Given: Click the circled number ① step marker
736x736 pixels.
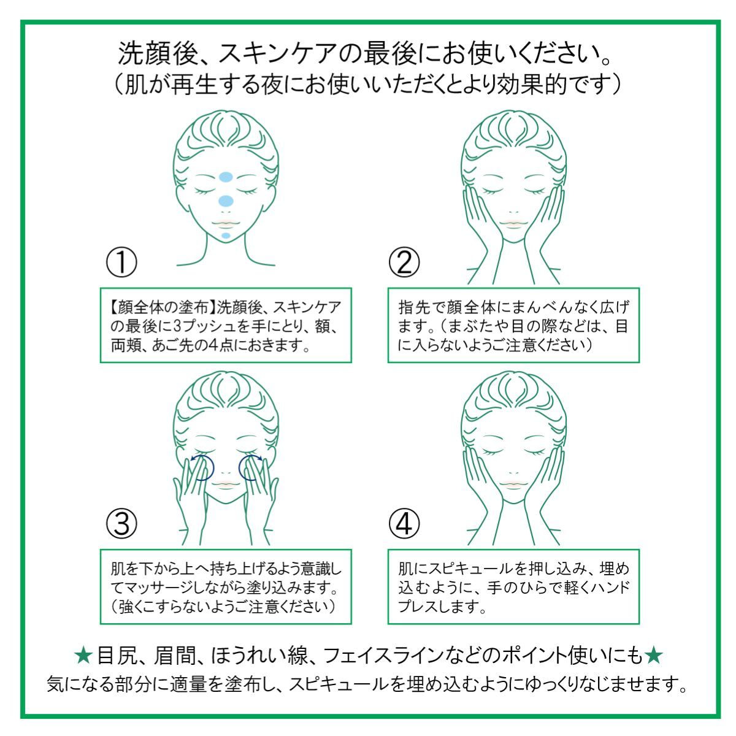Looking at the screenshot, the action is coord(121,262).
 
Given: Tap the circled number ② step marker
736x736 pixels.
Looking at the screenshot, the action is coord(404,262).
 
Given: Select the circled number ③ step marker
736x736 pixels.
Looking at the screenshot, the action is coord(121,524).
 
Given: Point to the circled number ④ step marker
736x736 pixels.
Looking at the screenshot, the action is coord(404,524).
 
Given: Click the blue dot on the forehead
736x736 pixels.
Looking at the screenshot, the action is coord(226,177).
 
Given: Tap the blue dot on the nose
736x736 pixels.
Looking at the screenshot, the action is coord(226,201).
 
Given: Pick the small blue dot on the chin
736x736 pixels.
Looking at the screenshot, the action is coord(226,236).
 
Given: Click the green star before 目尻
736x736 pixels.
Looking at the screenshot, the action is coord(83,656).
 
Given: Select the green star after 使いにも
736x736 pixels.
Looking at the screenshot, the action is coord(653,656).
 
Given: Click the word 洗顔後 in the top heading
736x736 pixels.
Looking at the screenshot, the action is coord(156,53).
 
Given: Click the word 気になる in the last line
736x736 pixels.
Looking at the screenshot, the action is coord(80,684).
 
